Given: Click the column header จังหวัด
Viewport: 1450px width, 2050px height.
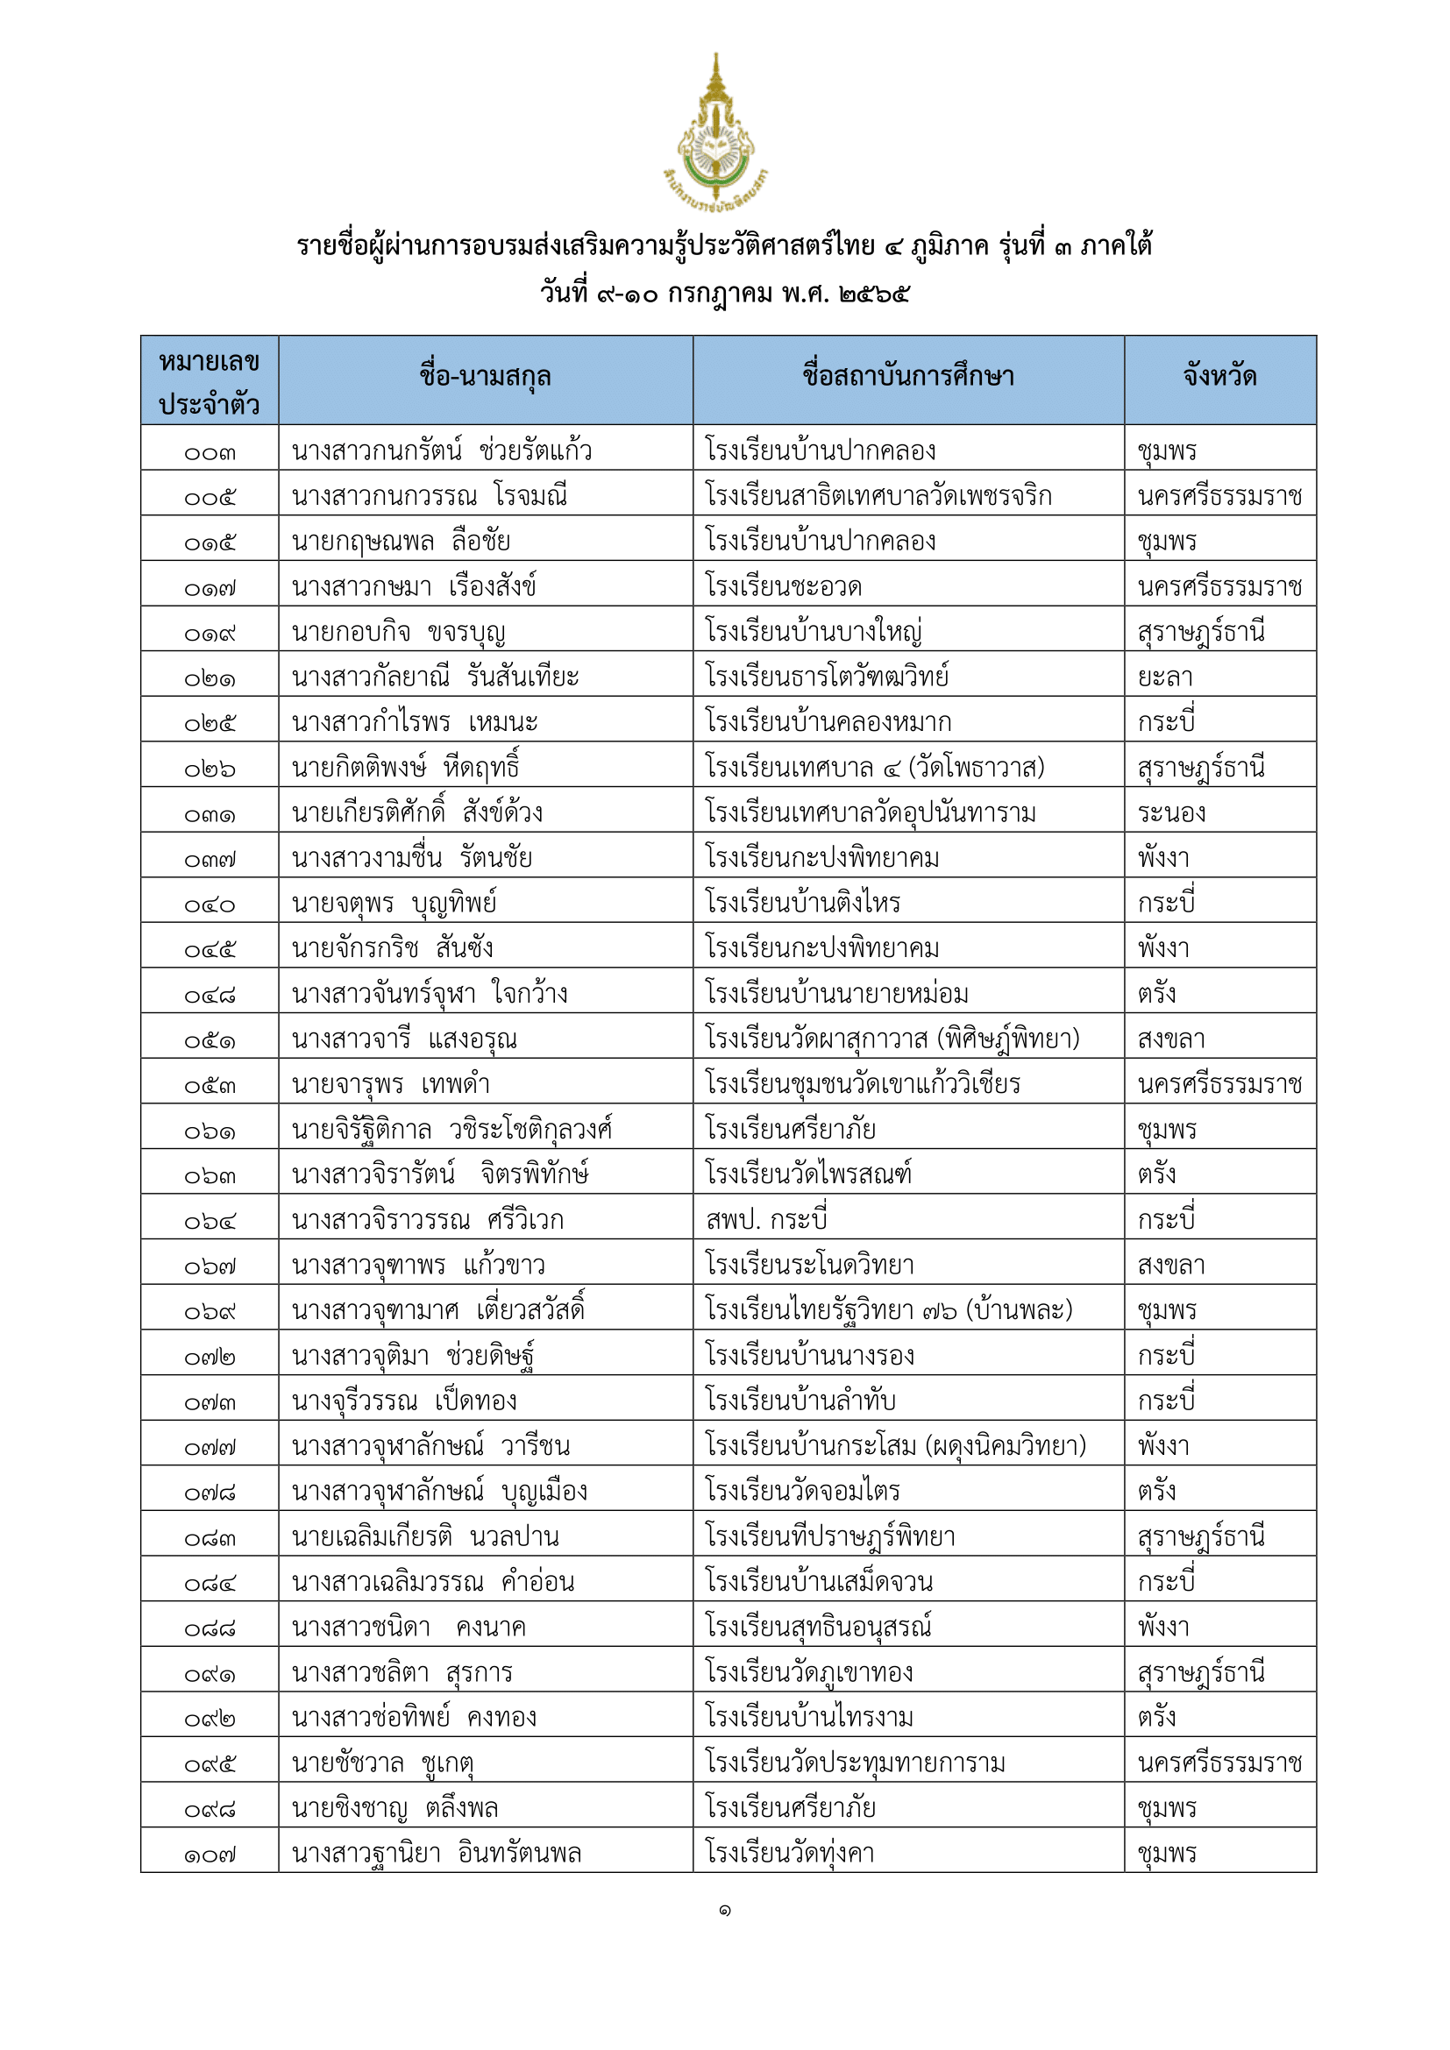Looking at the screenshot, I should pyautogui.click(x=1219, y=377).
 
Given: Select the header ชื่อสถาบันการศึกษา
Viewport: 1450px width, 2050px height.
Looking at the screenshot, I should pyautogui.click(x=908, y=377).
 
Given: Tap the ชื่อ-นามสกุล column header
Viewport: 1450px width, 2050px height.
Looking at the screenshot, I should pyautogui.click(x=485, y=377).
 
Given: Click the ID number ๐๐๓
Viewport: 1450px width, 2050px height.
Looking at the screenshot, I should pyautogui.click(x=210, y=452).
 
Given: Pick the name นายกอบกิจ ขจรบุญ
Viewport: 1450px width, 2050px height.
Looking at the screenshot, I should pyautogui.click(x=398, y=633).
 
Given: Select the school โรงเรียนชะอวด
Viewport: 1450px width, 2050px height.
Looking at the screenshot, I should pyautogui.click(x=783, y=587).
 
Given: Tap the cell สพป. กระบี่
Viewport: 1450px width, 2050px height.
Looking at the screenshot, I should pyautogui.click(x=766, y=1220).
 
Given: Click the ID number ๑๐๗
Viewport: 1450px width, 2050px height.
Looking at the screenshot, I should pyautogui.click(x=210, y=1855).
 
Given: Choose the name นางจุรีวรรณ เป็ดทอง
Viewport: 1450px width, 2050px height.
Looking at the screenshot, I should pyautogui.click(x=404, y=1401).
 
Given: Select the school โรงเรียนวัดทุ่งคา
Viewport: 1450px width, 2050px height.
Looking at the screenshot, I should pyautogui.click(x=789, y=1854).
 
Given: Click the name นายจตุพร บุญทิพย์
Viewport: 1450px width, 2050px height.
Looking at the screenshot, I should pyautogui.click(x=394, y=904).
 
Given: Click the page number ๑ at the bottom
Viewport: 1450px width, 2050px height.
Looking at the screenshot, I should pyautogui.click(x=724, y=1910).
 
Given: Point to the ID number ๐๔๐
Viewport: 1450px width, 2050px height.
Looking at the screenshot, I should pyautogui.click(x=210, y=904).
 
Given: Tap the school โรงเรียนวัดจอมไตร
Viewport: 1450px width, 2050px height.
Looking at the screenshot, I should pyautogui.click(x=802, y=1491).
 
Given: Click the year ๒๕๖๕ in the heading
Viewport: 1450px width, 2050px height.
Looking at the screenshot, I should pyautogui.click(x=874, y=294).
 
